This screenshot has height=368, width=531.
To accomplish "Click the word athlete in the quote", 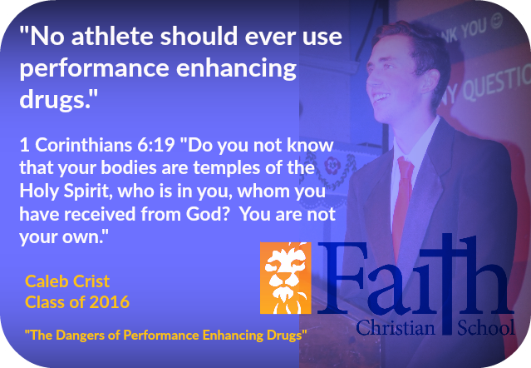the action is point(112,37).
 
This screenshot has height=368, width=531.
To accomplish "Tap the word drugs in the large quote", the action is point(52,98).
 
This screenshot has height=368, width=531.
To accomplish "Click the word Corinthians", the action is point(84,145).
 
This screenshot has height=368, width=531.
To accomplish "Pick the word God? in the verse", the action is point(208,214).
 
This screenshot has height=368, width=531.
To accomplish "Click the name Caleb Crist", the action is point(67,281).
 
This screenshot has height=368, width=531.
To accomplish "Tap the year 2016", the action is point(110,302).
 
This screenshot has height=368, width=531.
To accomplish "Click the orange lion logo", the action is point(286,278).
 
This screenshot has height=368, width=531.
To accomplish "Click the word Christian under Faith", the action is point(396,328).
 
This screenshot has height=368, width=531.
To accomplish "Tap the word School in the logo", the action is point(486,327).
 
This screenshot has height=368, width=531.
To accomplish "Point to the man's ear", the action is point(429,82).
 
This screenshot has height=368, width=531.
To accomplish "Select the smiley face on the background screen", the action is point(497,21).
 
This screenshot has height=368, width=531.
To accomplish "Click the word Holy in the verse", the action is point(39,191).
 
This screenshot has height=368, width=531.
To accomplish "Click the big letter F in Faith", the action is point(342,277).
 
